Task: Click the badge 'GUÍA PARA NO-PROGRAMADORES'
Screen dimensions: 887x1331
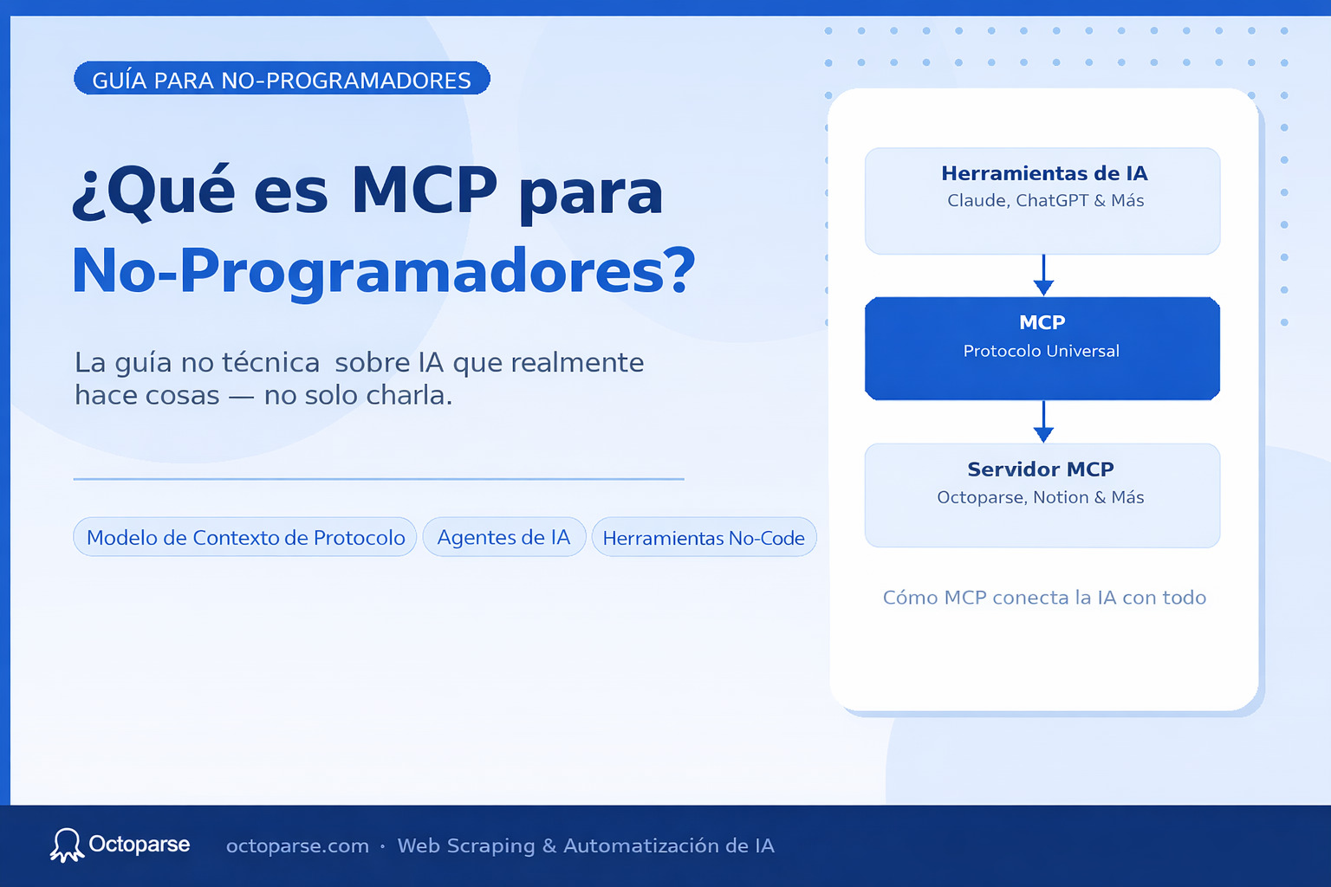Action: tap(282, 79)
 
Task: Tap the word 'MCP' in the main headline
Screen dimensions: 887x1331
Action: tap(424, 191)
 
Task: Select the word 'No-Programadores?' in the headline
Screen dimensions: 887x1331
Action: tap(384, 271)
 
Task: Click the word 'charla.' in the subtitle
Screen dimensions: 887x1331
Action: tap(409, 395)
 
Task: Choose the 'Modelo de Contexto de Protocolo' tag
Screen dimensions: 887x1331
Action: tap(245, 537)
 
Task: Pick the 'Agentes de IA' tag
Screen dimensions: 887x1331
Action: tap(503, 537)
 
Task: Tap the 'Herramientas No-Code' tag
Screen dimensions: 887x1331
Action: tap(704, 538)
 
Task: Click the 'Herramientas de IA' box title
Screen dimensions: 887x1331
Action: tap(1044, 173)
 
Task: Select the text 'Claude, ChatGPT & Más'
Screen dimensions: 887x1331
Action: tap(1045, 200)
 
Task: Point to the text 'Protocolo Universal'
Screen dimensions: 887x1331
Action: tap(1042, 351)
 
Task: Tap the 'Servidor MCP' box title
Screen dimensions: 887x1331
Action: tap(1041, 469)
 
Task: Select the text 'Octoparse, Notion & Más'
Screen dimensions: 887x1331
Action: tap(1041, 497)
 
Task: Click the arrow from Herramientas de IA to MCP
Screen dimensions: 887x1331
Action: tap(1043, 275)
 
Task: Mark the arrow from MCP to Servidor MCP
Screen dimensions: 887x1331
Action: tap(1043, 422)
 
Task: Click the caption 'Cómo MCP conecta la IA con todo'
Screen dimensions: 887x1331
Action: tap(1044, 598)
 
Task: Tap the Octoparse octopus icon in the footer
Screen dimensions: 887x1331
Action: tap(66, 845)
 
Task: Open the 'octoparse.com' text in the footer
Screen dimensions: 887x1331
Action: tap(297, 846)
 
